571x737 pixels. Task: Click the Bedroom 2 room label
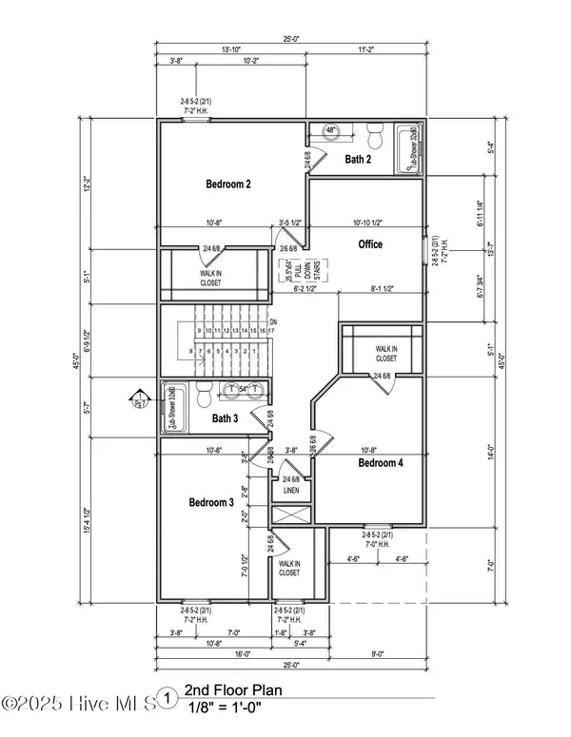click(x=228, y=184)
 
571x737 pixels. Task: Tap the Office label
click(x=370, y=244)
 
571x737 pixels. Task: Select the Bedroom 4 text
click(x=383, y=463)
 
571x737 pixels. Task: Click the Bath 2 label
click(x=358, y=160)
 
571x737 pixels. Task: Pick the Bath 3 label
click(x=225, y=417)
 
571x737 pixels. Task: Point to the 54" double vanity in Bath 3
click(x=242, y=390)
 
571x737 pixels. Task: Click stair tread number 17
click(x=271, y=330)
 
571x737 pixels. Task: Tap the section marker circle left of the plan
click(x=138, y=398)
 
